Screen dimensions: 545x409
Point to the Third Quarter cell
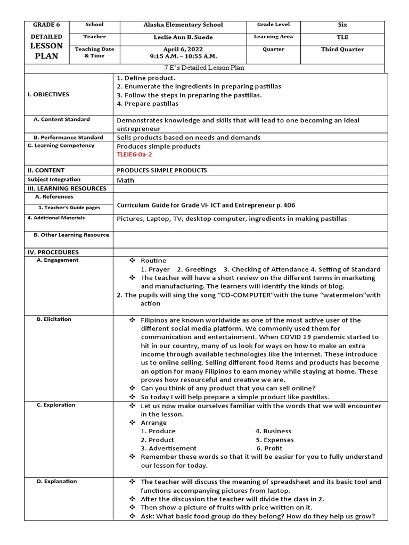[x=342, y=49]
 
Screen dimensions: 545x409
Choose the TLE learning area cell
[x=342, y=37]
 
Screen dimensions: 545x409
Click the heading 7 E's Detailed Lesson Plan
[x=205, y=68]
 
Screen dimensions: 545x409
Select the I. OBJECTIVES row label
[x=48, y=94]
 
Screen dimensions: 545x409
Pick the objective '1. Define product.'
[x=146, y=78]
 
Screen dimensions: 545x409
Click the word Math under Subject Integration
[x=126, y=180]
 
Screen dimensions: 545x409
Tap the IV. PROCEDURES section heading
[x=53, y=252]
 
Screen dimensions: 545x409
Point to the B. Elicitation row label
[x=54, y=319]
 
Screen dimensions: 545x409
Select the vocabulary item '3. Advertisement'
[x=169, y=448]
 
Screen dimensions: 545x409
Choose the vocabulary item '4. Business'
[x=273, y=431]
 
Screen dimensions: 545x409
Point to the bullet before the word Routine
[x=133, y=261]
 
